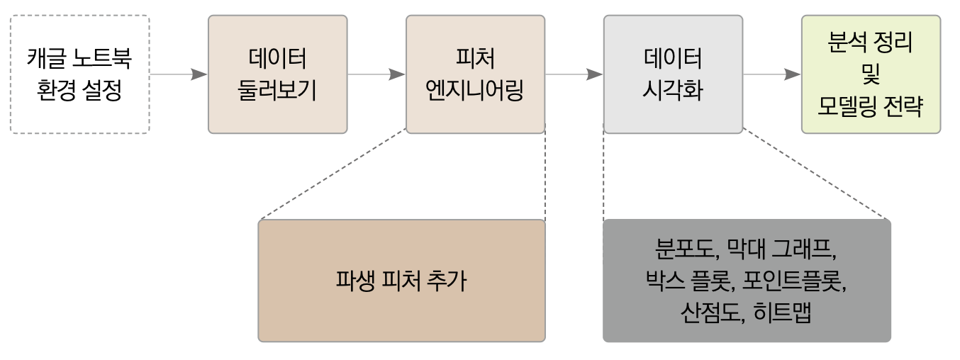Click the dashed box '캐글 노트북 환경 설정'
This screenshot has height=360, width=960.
click(79, 74)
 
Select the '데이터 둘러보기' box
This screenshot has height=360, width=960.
click(277, 74)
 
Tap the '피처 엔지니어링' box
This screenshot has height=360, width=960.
click(475, 74)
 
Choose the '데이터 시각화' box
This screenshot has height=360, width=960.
click(673, 74)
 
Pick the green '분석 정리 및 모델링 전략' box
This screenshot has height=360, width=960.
click(871, 74)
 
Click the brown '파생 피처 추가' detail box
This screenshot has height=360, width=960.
click(401, 281)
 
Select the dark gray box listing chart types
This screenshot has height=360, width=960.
click(747, 281)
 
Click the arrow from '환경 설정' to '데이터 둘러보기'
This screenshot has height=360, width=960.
click(179, 74)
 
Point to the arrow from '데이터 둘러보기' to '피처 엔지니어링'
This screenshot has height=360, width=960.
click(376, 74)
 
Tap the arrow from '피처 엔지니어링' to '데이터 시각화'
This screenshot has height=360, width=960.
click(574, 74)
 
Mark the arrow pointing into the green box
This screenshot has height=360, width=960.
click(772, 74)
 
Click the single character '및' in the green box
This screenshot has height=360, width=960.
click(871, 74)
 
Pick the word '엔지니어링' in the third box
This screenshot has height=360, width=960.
click(475, 91)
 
